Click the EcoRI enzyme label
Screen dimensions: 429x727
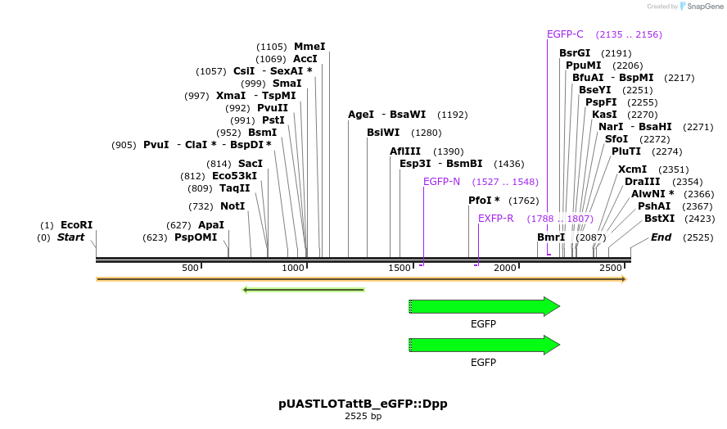pos(76,225)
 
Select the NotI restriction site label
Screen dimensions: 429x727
pos(233,205)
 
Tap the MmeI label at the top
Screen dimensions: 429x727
pos(309,47)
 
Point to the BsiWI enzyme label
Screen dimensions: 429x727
pos(383,133)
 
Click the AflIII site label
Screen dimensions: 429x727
pos(405,151)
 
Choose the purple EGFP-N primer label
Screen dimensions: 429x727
pos(441,182)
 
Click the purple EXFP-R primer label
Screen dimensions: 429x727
pos(496,219)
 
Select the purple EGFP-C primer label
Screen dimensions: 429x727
pos(565,34)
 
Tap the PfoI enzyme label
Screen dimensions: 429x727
pos(483,201)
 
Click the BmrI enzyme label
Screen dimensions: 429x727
pos(551,237)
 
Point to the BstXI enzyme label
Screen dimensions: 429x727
pos(659,219)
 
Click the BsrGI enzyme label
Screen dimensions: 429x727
pos(575,53)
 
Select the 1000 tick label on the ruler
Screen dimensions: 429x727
pos(293,269)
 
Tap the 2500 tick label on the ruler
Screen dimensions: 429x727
pos(610,269)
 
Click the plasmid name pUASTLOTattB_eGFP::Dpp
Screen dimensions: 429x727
pos(363,404)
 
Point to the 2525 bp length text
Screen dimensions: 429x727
pos(363,417)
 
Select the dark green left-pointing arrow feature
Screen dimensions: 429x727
pos(303,289)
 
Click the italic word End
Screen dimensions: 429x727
pos(661,237)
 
